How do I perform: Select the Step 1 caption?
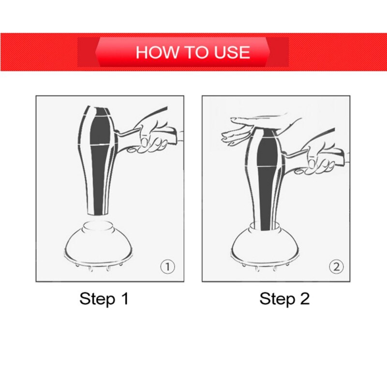(x=104, y=298)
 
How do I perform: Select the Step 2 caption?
(x=284, y=298)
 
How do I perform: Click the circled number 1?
(x=167, y=266)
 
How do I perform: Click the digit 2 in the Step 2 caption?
(x=304, y=298)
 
